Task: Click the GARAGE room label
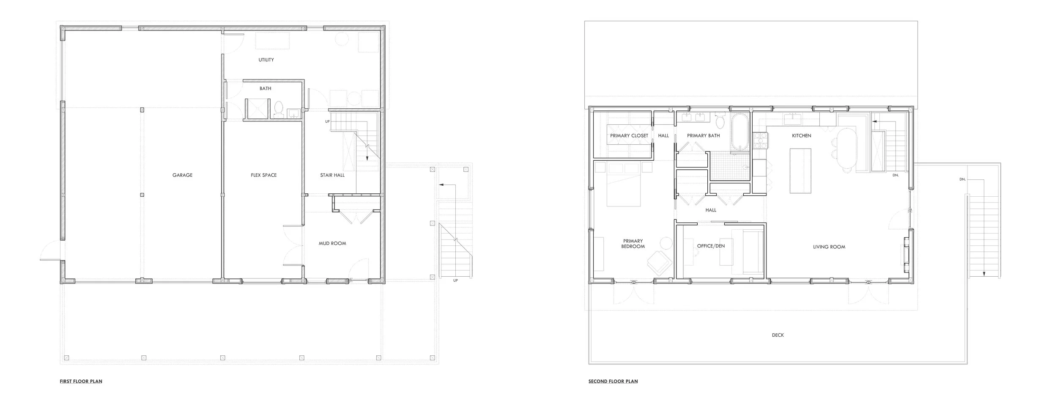(x=182, y=175)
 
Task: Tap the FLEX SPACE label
(x=263, y=175)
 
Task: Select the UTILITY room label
(x=266, y=60)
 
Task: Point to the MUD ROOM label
(x=332, y=244)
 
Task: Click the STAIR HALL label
(x=332, y=175)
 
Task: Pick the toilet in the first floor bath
(x=279, y=108)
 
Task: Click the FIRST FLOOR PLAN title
(x=81, y=382)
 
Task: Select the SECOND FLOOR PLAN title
(x=613, y=382)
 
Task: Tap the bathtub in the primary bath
(x=739, y=132)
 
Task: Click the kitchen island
(x=800, y=171)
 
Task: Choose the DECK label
(x=778, y=335)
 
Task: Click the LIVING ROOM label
(x=829, y=247)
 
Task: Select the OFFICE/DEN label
(x=711, y=246)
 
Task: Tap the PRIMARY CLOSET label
(x=629, y=136)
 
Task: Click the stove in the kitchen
(x=760, y=140)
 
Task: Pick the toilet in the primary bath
(x=720, y=120)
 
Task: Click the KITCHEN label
(x=801, y=136)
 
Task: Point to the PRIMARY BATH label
(x=703, y=136)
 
